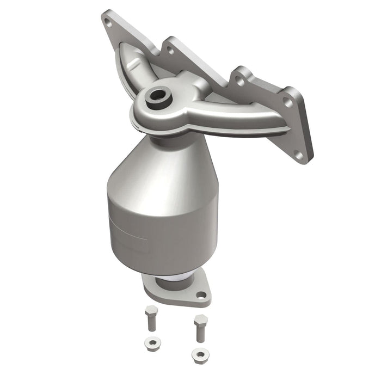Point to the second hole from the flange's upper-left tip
tap(171, 50)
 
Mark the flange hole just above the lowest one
tap(287, 103)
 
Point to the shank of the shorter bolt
tap(151, 322)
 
